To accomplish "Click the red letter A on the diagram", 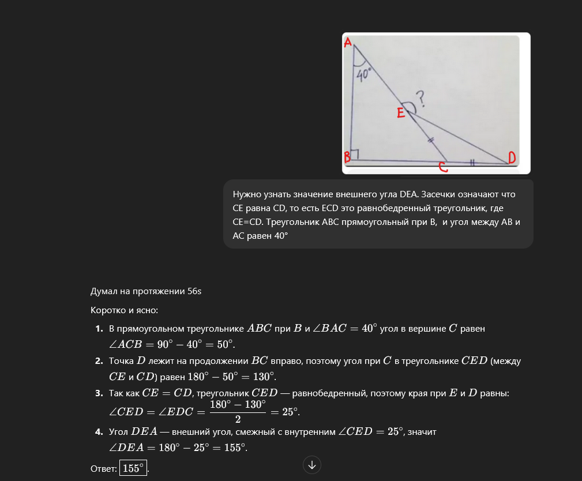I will click(x=348, y=42).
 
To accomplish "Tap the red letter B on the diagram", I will click(x=347, y=156).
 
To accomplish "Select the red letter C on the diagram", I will click(x=442, y=167).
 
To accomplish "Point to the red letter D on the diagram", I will click(x=511, y=157).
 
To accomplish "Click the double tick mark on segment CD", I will click(x=472, y=163).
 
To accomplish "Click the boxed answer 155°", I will click(x=133, y=468).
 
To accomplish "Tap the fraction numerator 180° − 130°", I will click(x=238, y=405).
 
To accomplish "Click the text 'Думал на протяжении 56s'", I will click(x=146, y=291).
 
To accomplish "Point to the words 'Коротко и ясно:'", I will click(x=124, y=310).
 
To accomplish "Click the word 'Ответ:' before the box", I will click(x=104, y=468).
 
